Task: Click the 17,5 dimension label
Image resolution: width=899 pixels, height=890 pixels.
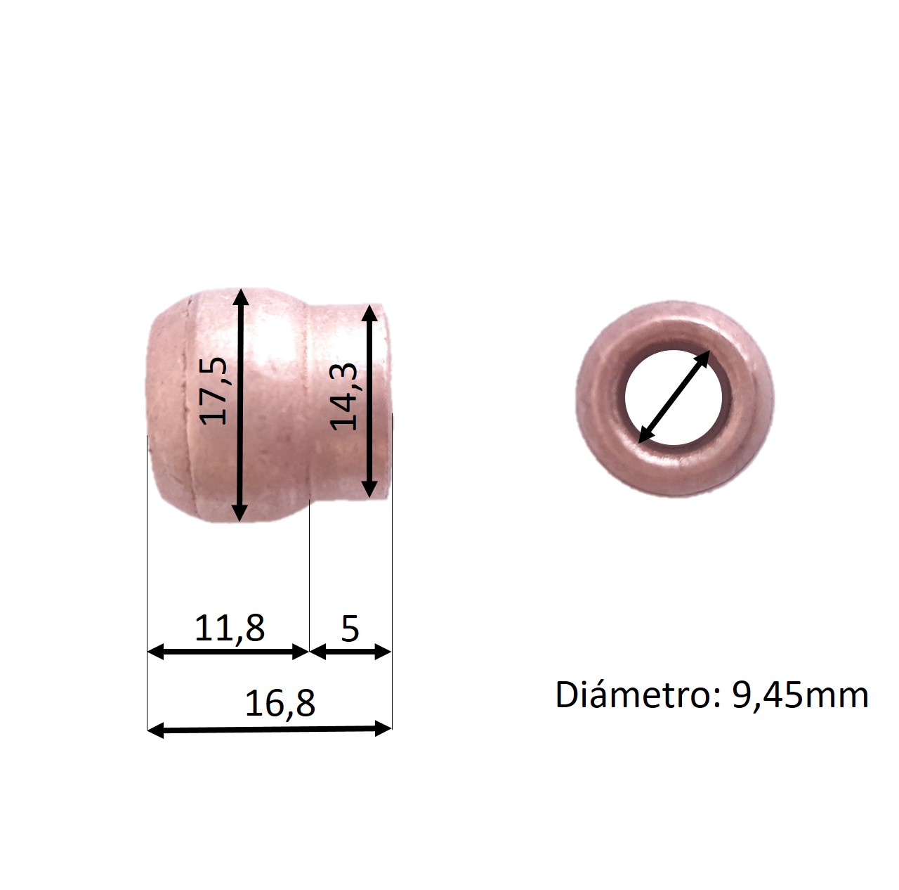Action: coord(214,391)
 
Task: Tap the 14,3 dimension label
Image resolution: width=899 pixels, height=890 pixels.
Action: coord(343,396)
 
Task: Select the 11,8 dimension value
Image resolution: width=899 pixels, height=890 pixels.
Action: coord(230,628)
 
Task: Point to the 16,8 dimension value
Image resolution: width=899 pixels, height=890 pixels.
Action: coord(280,704)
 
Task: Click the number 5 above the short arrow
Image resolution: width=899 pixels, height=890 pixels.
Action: coord(350,629)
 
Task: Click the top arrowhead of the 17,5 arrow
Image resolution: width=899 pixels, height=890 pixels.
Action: coord(240,297)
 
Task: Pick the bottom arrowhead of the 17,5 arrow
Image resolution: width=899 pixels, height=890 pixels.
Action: coord(239,512)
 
